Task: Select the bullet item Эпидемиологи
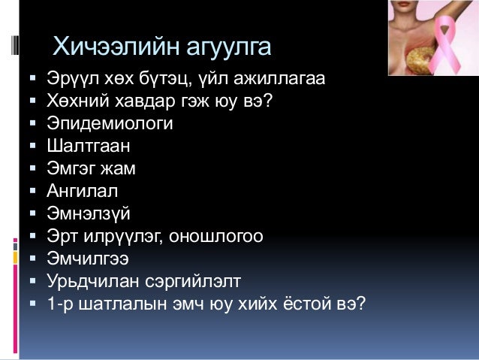tap(110, 123)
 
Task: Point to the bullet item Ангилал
tap(83, 191)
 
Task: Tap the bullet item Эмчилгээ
tap(88, 259)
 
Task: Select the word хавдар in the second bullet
tap(137, 100)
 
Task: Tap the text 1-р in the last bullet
tap(59, 305)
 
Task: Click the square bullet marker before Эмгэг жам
tap(34, 168)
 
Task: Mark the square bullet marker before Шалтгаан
tap(34, 145)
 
